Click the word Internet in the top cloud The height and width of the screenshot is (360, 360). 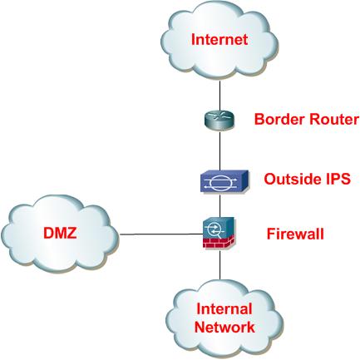219,39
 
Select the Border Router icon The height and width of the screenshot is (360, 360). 219,120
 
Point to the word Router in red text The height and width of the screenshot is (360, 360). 333,120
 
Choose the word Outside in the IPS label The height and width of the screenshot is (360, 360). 290,179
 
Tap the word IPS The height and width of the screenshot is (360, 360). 334,179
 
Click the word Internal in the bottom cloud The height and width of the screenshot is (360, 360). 223,310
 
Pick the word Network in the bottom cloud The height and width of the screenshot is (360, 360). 224,327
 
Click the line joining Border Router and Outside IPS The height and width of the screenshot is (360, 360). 219,150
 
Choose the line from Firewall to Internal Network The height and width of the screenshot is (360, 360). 219,266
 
